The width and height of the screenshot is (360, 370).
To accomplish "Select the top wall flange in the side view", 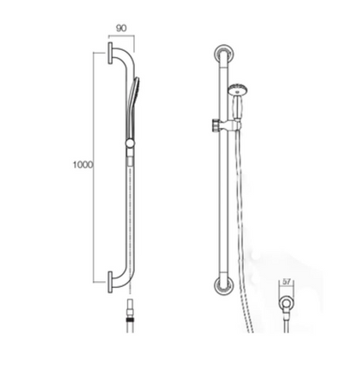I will (x=111, y=57).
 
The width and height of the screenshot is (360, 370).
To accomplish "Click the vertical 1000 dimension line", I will (x=94, y=164).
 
